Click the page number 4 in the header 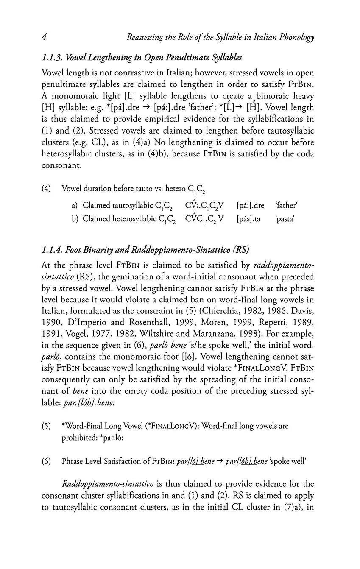click(x=44, y=37)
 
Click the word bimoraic click(x=265, y=96)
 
